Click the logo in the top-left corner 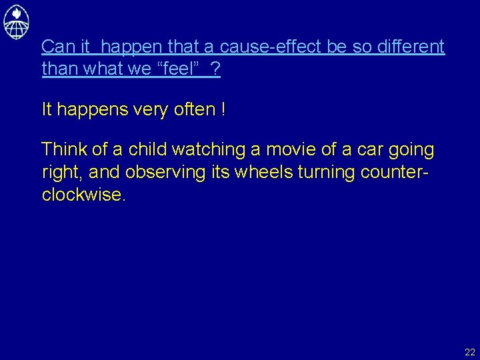click(x=16, y=21)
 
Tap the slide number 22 click(x=470, y=352)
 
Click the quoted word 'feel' click(x=178, y=69)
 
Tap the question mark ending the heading click(x=215, y=69)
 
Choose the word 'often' click(x=193, y=109)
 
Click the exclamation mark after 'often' click(x=222, y=109)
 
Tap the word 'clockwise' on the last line click(x=81, y=194)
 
